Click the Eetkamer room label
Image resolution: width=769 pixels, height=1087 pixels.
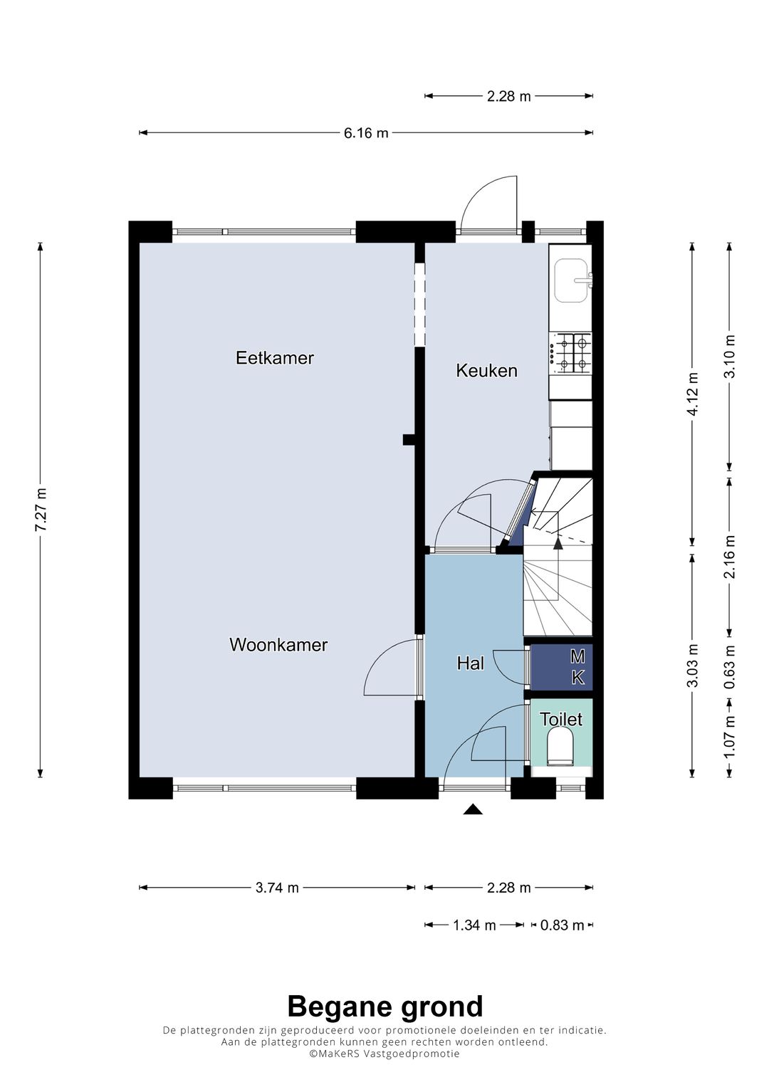click(x=275, y=358)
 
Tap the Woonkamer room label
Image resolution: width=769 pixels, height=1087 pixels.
click(x=278, y=645)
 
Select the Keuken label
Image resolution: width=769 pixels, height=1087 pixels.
click(x=486, y=371)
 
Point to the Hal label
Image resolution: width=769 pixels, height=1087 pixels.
click(x=471, y=663)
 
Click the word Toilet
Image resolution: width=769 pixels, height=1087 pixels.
click(x=561, y=719)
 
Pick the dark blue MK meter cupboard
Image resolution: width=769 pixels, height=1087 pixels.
click(x=561, y=667)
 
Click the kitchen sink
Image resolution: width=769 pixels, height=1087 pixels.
click(x=573, y=280)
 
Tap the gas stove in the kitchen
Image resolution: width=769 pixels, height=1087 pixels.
click(x=570, y=353)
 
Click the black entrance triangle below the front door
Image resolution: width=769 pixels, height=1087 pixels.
click(x=472, y=809)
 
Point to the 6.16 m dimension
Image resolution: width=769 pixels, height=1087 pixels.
click(x=366, y=132)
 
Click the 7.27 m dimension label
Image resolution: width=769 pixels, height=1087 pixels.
click(x=41, y=510)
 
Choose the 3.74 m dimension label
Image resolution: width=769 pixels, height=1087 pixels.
click(x=277, y=888)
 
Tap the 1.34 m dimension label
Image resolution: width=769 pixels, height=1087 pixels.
click(x=474, y=925)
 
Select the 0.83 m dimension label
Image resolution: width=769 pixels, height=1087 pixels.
click(x=563, y=925)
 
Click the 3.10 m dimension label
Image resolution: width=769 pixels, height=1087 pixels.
click(x=730, y=357)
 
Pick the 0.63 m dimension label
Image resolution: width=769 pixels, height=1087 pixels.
click(x=730, y=667)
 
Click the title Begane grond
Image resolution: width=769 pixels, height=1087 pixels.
click(x=385, y=1007)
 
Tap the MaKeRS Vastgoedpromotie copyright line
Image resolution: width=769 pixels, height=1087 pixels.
click(x=384, y=1054)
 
